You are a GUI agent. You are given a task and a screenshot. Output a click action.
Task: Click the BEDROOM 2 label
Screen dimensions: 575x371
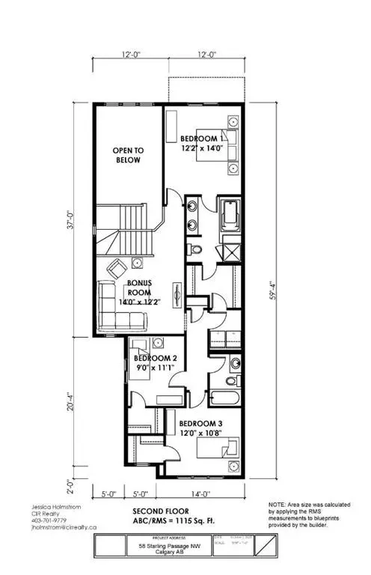155,358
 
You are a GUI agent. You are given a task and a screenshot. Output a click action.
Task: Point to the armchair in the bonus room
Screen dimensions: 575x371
116,269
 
